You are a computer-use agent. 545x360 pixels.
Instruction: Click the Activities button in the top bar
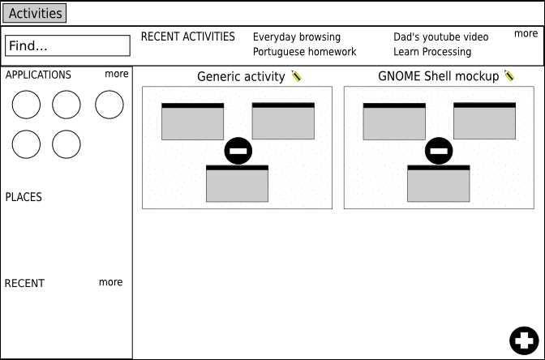pyautogui.click(x=34, y=13)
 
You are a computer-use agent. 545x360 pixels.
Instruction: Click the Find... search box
pyautogui.click(x=68, y=45)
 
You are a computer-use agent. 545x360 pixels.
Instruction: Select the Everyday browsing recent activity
pyautogui.click(x=297, y=37)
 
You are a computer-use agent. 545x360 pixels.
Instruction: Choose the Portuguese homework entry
pyautogui.click(x=304, y=52)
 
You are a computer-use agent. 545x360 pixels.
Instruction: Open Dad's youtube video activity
pyautogui.click(x=440, y=36)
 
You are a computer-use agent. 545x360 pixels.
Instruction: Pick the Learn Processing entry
pyautogui.click(x=432, y=52)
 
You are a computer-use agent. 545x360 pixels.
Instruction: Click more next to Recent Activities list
pyautogui.click(x=526, y=34)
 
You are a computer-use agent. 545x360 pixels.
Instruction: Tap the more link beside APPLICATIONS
pyautogui.click(x=117, y=74)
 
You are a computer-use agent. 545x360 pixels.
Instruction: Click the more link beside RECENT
pyautogui.click(x=110, y=282)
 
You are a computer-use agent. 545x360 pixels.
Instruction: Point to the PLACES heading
pyautogui.click(x=24, y=197)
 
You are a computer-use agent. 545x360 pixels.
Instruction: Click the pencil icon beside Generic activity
pyautogui.click(x=297, y=75)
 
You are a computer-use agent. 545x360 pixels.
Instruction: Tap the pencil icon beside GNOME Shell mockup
pyautogui.click(x=509, y=75)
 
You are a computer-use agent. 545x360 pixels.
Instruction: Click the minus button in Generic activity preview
pyautogui.click(x=238, y=151)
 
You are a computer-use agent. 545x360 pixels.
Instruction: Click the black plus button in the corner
pyautogui.click(x=524, y=341)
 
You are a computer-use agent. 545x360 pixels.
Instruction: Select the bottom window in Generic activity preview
pyautogui.click(x=237, y=183)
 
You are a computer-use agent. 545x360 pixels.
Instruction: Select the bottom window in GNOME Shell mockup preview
pyautogui.click(x=438, y=183)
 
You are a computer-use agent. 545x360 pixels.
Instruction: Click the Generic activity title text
pyautogui.click(x=241, y=76)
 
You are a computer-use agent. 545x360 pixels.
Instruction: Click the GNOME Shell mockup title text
pyautogui.click(x=438, y=76)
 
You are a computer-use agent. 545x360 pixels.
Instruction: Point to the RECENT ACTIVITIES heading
pyautogui.click(x=187, y=36)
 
